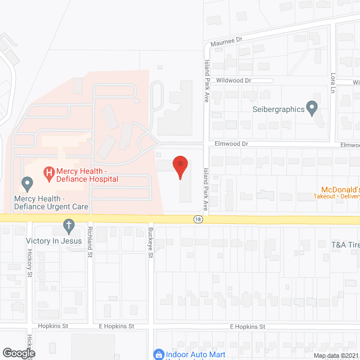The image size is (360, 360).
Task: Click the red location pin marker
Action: tap(180, 166)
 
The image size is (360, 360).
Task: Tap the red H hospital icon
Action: tap(49, 172)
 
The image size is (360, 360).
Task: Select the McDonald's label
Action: tap(340, 189)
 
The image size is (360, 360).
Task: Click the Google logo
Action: tap(18, 353)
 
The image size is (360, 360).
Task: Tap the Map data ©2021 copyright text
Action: tap(336, 355)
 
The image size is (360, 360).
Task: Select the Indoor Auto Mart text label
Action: tap(196, 354)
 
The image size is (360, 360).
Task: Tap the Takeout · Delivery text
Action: tap(336, 197)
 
